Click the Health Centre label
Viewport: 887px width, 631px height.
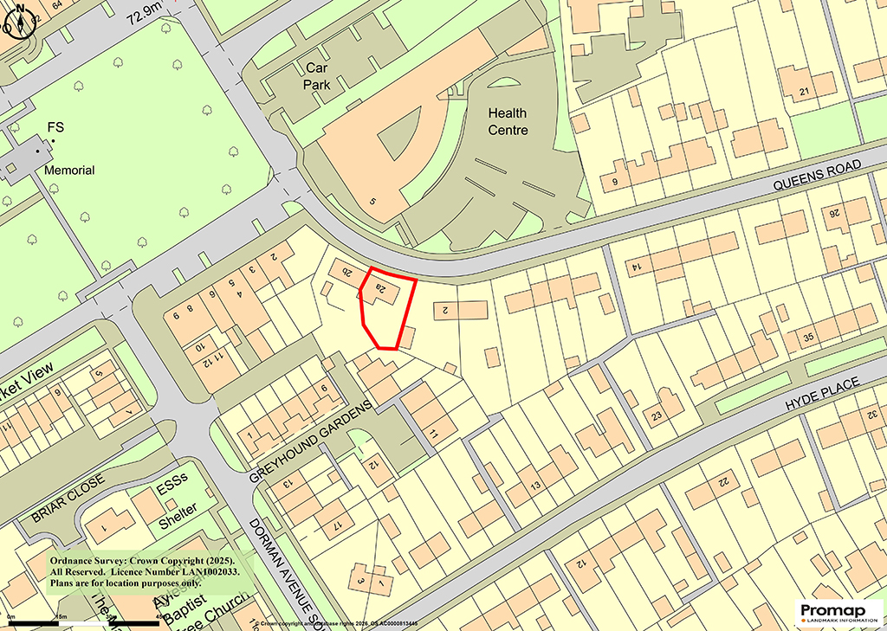click(508, 121)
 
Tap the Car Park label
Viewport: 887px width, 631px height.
click(319, 75)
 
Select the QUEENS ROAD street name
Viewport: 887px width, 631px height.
click(817, 174)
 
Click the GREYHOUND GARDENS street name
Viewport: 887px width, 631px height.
click(310, 441)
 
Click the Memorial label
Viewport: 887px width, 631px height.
click(70, 171)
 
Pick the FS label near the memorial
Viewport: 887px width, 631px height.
click(55, 128)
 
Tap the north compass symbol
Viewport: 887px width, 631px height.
click(18, 18)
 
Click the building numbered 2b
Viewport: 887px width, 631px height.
click(345, 272)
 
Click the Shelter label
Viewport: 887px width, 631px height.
click(178, 508)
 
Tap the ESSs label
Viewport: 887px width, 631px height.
click(172, 489)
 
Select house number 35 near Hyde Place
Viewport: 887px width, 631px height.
click(811, 337)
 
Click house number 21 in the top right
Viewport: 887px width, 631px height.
click(805, 93)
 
